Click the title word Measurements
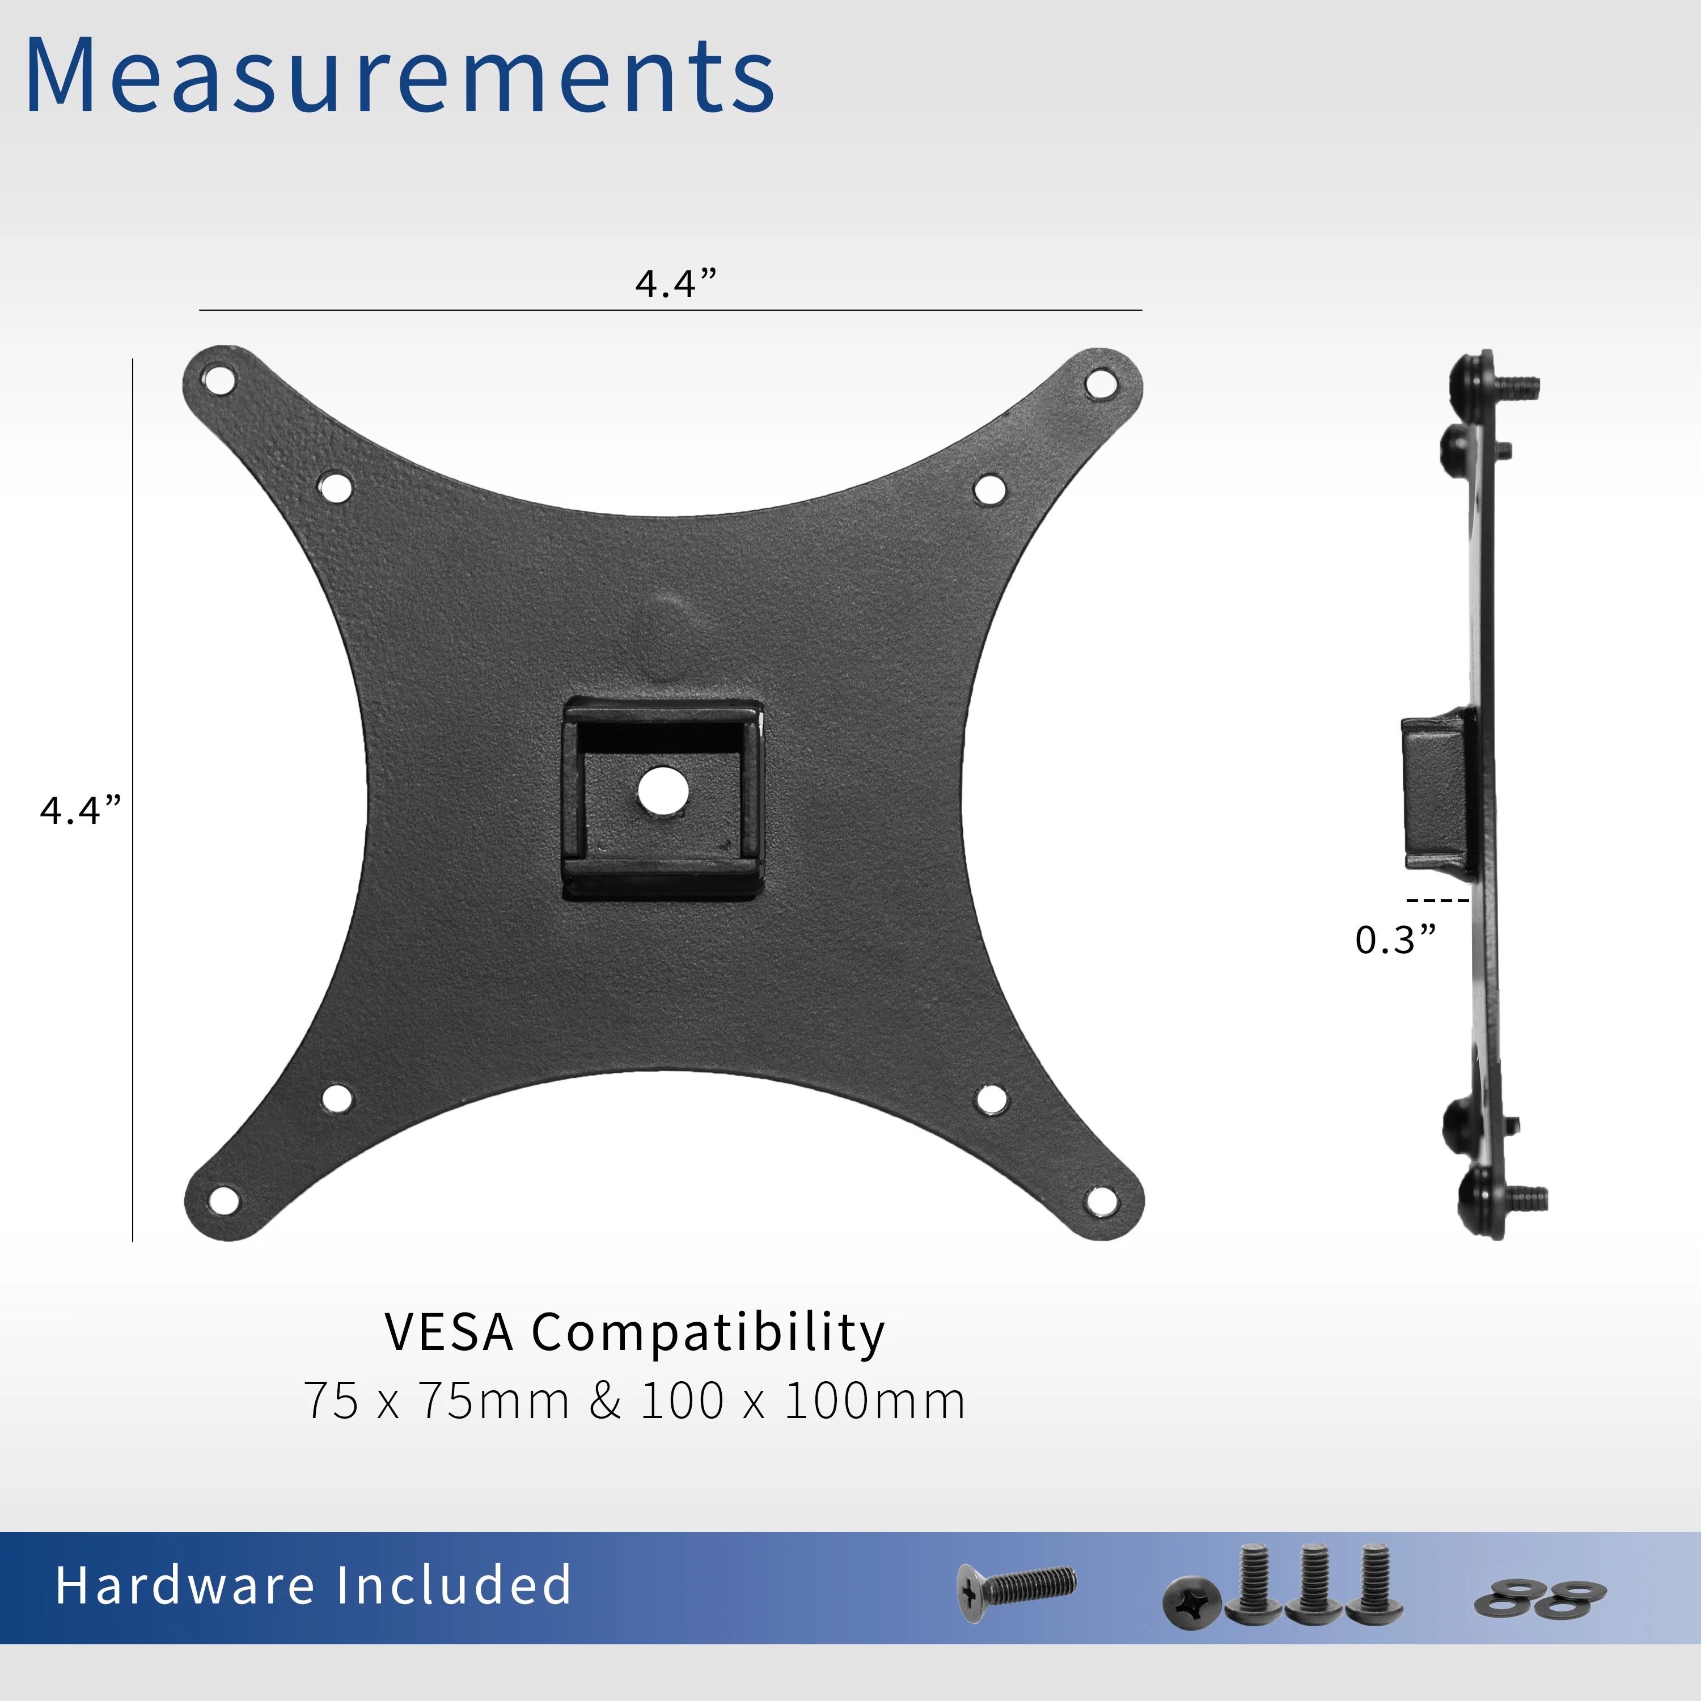[x=401, y=78]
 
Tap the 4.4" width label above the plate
[x=675, y=283]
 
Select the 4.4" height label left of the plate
[x=80, y=810]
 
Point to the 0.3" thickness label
[x=1395, y=940]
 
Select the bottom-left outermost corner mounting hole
[x=223, y=1199]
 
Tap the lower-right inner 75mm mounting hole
[x=992, y=1099]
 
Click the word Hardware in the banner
[x=185, y=1586]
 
